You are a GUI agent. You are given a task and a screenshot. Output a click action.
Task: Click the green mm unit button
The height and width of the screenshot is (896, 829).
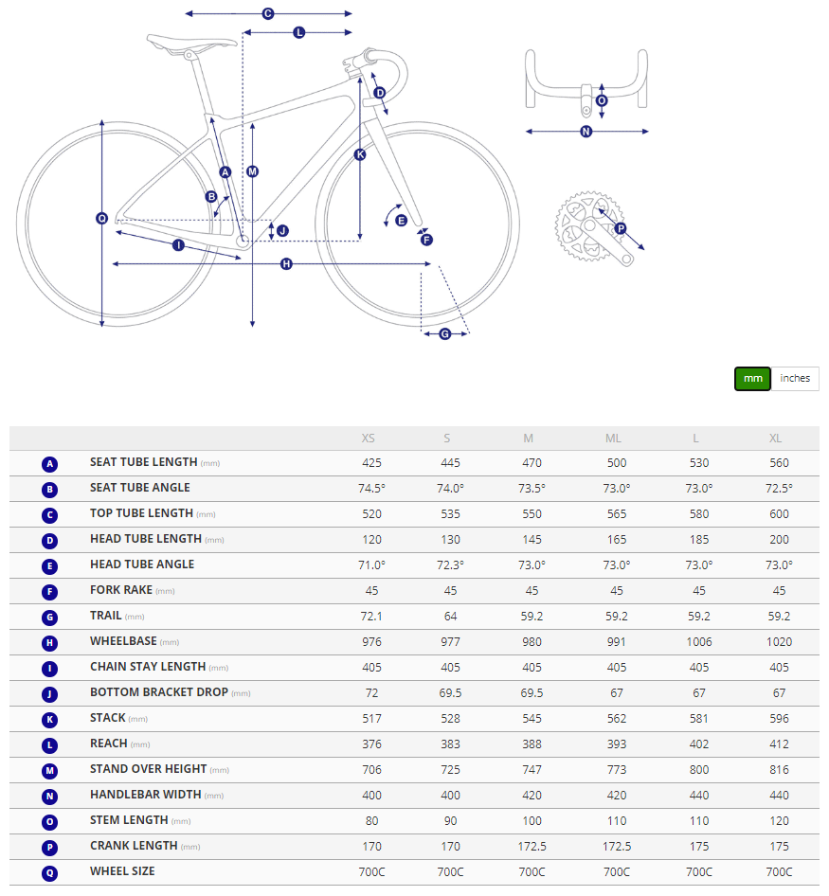point(752,378)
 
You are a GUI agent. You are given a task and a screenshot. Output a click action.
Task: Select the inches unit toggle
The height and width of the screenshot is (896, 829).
point(795,378)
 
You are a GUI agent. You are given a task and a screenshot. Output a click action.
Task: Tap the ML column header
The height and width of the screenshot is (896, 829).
point(613,439)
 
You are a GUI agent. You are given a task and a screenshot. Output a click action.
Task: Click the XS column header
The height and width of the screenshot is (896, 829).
point(369,439)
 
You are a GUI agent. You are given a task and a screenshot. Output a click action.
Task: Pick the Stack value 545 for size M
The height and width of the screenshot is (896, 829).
point(532,718)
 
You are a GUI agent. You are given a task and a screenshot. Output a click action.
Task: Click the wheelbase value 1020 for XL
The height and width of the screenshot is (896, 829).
point(778,641)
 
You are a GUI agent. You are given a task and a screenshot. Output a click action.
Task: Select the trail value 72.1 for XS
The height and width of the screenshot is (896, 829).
point(371,616)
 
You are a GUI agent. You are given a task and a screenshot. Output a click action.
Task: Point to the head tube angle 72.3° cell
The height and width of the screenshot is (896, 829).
point(451,564)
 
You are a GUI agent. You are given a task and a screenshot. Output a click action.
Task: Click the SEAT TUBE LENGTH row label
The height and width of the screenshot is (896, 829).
point(144,462)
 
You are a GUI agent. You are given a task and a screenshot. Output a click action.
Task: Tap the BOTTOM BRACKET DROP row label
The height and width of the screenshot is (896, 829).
point(159,692)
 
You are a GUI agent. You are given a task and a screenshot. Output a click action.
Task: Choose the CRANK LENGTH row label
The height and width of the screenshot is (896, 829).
point(134,846)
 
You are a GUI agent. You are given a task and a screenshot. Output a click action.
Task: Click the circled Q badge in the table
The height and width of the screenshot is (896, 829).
point(50,872)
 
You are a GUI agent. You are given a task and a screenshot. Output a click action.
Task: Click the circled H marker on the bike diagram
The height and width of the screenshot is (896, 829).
point(286,264)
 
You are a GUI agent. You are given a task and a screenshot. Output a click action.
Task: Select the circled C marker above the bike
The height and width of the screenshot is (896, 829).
point(268,14)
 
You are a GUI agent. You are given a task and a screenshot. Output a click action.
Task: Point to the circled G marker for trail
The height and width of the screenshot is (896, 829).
point(445,333)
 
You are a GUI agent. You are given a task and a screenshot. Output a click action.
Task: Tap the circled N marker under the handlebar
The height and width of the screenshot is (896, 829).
point(586,132)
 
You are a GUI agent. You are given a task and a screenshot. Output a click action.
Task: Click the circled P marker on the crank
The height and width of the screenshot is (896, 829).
point(621,228)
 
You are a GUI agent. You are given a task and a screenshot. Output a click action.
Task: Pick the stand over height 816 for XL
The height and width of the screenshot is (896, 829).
point(778,769)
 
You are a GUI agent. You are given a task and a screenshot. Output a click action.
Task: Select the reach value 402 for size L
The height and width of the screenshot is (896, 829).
point(698,744)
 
